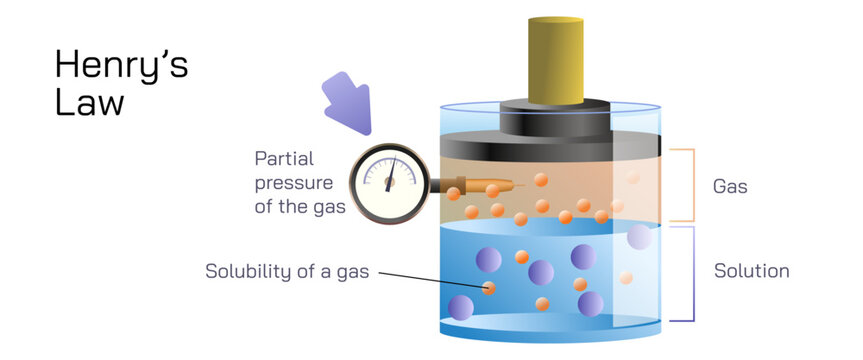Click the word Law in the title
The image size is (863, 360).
tap(89, 102)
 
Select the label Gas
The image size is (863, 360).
tap(730, 187)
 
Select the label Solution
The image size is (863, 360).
tap(751, 271)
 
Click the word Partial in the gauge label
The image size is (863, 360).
tap(284, 157)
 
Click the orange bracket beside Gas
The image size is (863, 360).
tap(688, 185)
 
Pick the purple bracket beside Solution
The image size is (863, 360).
tap(688, 273)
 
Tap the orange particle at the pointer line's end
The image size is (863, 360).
tap(489, 289)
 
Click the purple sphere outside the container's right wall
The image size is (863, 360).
tap(639, 237)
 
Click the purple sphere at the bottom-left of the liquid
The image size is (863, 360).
tap(462, 307)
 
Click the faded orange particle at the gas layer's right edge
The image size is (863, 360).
tap(632, 178)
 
